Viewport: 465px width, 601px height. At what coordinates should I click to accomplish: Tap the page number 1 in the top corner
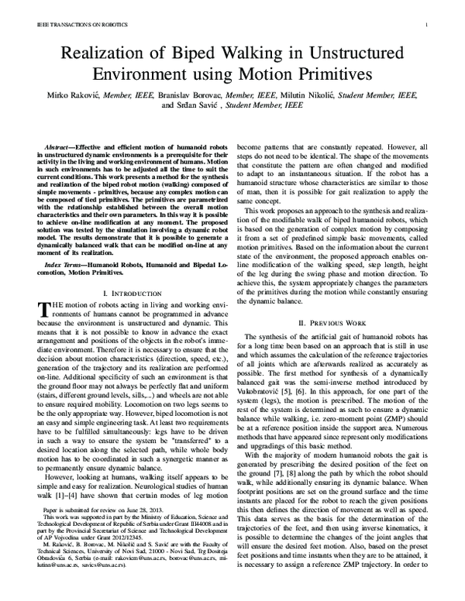click(438, 25)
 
